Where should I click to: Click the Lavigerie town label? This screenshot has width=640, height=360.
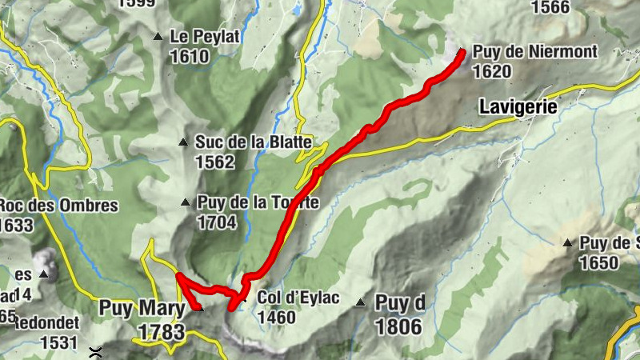coord(518,106)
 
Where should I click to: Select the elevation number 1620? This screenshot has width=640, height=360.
coord(491,71)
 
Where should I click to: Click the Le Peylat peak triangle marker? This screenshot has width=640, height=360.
coord(158,36)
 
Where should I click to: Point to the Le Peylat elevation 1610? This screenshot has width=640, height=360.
coord(189,56)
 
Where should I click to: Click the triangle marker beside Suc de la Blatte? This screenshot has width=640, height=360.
coord(184,143)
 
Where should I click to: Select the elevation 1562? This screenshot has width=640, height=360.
coord(214,162)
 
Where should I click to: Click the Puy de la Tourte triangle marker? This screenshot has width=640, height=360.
coord(186,203)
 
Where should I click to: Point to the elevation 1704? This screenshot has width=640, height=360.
coord(216,222)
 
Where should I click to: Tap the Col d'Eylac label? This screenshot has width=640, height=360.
coord(298,298)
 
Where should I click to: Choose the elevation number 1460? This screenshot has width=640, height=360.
coord(277,318)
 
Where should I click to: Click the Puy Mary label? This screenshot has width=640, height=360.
coord(136,309)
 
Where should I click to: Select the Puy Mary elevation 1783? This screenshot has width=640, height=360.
coord(161,331)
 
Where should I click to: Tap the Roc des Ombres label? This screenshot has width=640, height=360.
coord(59,206)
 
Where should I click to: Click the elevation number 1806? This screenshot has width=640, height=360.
coord(398,326)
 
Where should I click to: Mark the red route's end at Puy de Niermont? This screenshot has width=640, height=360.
coord(462,53)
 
